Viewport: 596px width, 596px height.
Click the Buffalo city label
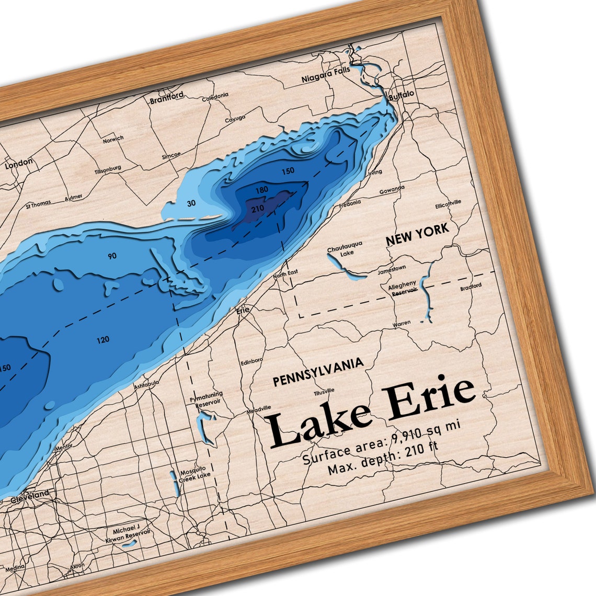402,94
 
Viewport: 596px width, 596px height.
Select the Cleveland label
32,494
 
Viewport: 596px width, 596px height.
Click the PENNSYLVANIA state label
318,372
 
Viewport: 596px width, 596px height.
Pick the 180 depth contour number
261,190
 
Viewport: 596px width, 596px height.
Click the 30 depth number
191,203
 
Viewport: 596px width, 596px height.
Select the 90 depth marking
112,256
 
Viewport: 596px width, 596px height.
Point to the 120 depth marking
103,340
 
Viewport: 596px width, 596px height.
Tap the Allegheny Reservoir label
403,288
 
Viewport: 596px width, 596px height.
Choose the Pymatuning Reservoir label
206,397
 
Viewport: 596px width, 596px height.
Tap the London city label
19,164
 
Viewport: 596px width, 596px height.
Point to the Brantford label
167,98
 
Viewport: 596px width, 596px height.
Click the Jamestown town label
392,269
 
